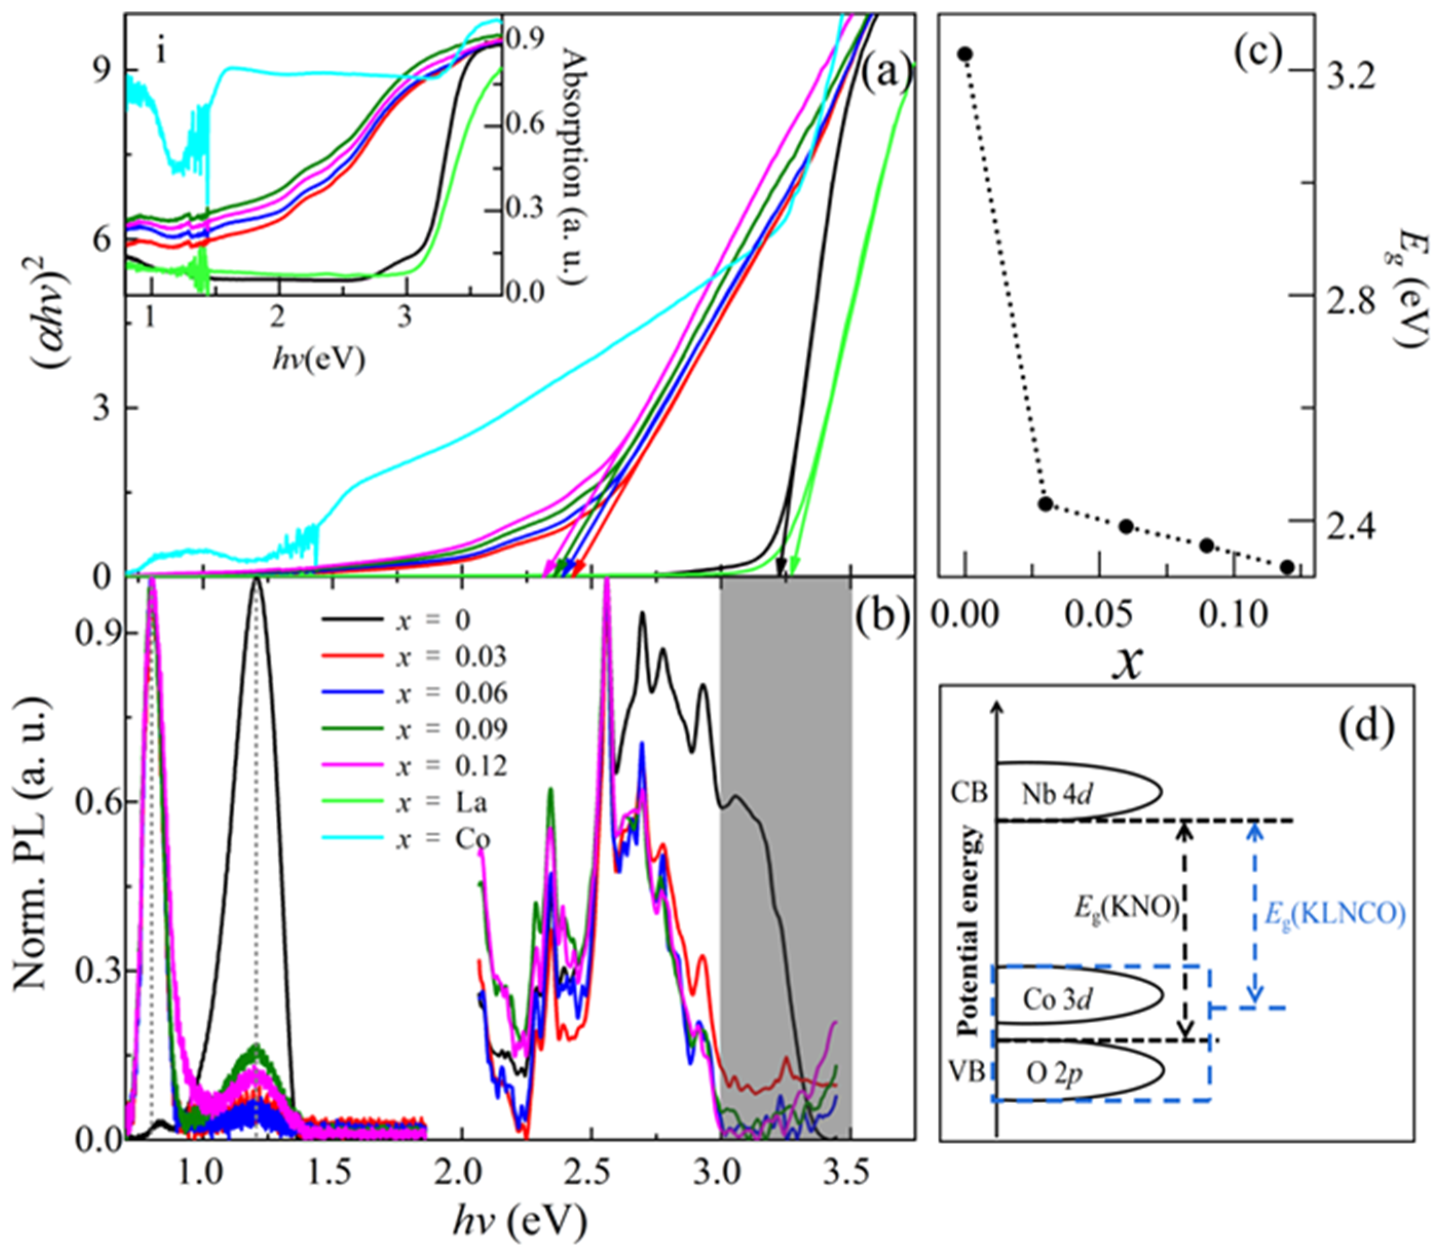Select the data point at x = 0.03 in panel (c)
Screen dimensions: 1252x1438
1045,504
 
